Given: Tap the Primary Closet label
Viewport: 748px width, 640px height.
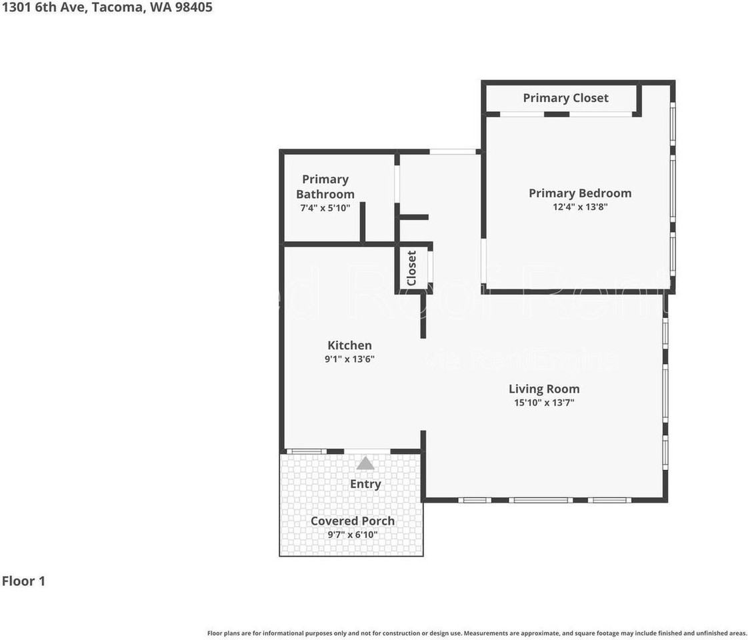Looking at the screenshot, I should (565, 98).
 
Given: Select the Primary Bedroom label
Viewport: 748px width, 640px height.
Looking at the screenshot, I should (579, 193).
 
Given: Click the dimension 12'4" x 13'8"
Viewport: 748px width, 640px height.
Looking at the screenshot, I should (579, 207).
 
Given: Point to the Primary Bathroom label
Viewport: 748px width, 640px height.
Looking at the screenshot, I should (325, 187).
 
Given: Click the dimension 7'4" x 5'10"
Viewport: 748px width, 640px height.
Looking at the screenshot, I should (325, 208).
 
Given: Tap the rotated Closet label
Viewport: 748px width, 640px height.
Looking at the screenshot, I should (411, 268).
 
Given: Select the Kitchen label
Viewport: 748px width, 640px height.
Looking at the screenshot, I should (349, 345).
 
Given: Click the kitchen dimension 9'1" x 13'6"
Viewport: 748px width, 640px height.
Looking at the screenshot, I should (349, 359).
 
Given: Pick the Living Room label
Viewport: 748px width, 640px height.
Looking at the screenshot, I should (544, 389).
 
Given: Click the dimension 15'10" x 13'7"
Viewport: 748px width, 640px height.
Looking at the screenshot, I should (544, 402).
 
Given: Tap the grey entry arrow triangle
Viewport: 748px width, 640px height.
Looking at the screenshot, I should (365, 463).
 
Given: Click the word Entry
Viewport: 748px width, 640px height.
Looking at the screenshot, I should (365, 484).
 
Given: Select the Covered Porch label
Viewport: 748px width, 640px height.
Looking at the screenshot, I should (352, 521).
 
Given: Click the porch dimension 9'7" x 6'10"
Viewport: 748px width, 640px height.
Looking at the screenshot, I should (352, 534).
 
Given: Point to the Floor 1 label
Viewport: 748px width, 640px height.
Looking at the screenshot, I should (23, 581).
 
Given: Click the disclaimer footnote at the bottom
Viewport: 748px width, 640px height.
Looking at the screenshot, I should (477, 633).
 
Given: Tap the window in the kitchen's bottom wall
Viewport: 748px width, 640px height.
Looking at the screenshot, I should (306, 451).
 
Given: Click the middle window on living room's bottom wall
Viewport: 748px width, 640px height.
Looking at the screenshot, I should (541, 499).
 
